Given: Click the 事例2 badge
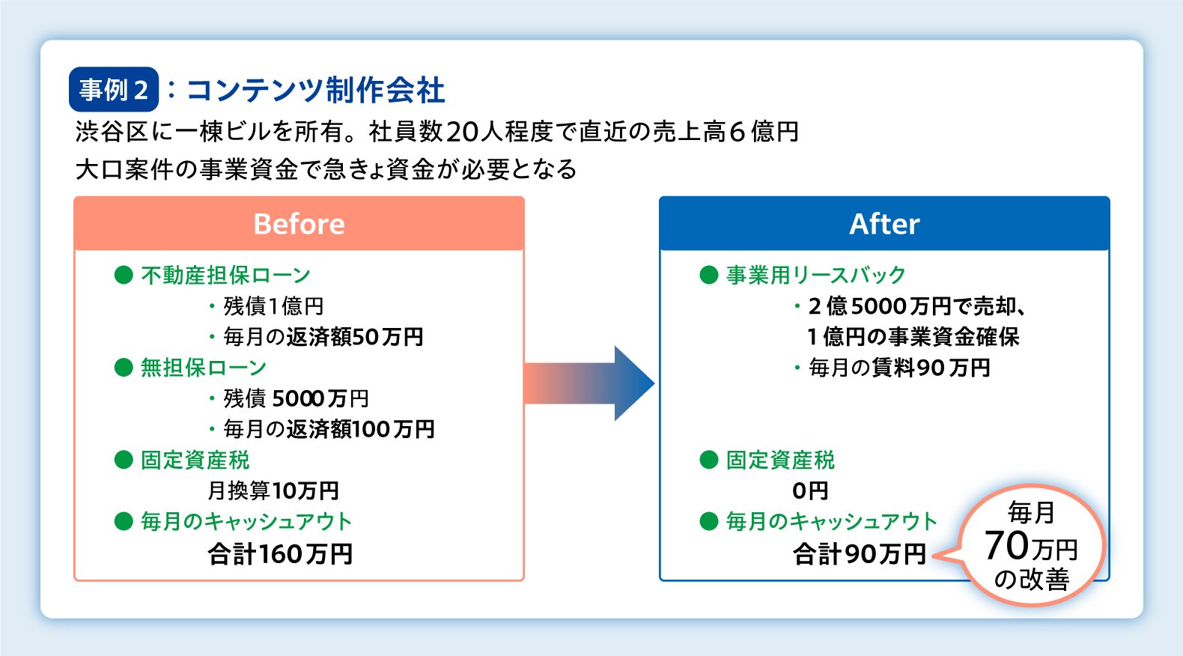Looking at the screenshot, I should (x=113, y=90).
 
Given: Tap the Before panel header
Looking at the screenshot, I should (x=299, y=224).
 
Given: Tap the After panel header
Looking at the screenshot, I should (x=884, y=224).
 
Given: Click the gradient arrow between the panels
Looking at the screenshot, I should (x=589, y=383).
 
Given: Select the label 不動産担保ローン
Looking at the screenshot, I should (x=225, y=276).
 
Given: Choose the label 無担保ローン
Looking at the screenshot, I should (x=204, y=368).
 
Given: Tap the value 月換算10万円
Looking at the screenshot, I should (x=273, y=491).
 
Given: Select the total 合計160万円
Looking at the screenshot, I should (x=280, y=554).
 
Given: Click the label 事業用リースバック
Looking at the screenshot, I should (x=815, y=276).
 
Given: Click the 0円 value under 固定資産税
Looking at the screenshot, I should (x=810, y=491).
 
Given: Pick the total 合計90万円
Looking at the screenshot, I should (x=860, y=554).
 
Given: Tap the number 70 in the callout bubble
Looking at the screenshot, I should (x=1006, y=545).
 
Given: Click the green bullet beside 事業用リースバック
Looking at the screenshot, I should (x=708, y=276).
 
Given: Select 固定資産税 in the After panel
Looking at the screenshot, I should (x=780, y=460).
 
